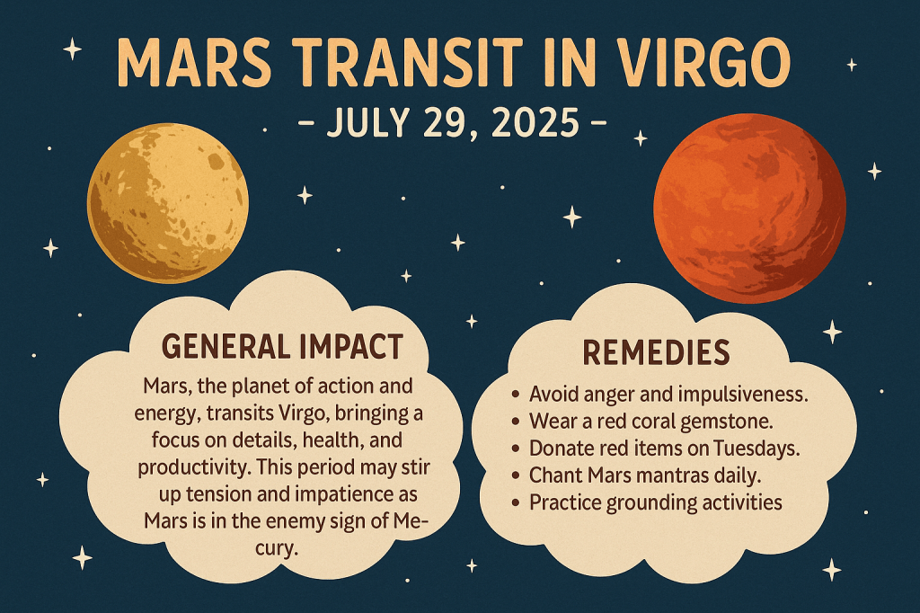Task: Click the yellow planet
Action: click(x=168, y=202)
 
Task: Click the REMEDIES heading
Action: click(x=656, y=353)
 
